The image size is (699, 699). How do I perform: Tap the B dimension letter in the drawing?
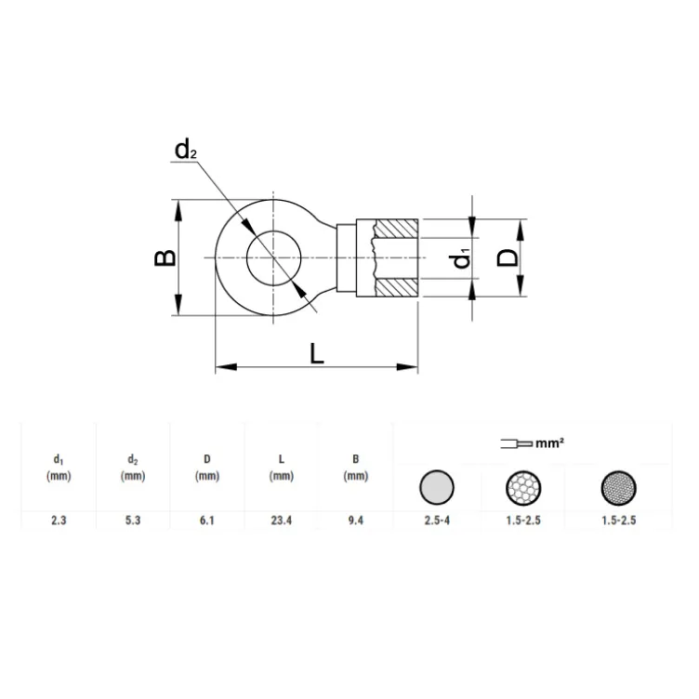coord(165,257)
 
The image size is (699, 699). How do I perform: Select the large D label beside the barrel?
coord(508,257)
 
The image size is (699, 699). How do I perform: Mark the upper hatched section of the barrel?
coord(397,229)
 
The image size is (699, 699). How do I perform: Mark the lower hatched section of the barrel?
coord(397,287)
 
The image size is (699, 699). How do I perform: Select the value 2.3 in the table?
coord(58,521)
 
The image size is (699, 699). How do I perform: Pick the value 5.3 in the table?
coord(132,521)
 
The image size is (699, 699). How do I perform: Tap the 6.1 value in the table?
coord(206,521)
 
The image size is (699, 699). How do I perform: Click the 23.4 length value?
coord(281,521)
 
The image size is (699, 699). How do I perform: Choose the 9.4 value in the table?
coord(355,521)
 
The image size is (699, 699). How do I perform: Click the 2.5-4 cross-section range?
coord(437,521)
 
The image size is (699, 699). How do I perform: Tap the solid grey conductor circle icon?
coord(437,486)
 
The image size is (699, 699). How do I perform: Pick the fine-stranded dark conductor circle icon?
coord(618,487)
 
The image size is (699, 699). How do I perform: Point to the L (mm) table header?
coord(281,468)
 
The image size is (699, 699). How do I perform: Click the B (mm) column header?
coord(355,468)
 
